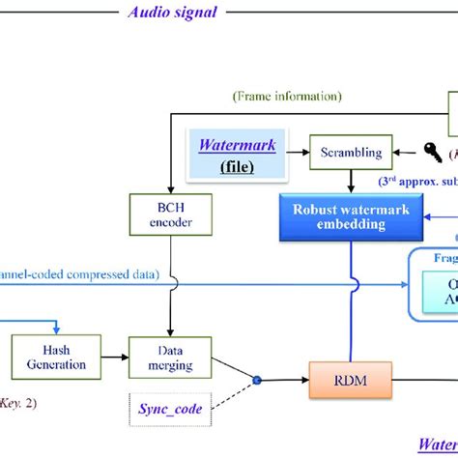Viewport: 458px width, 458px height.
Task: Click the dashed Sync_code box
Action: click(169, 409)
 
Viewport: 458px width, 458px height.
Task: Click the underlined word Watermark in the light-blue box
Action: click(237, 147)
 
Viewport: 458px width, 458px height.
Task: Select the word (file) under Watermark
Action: click(237, 166)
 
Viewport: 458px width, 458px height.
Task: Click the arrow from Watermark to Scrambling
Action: click(292, 151)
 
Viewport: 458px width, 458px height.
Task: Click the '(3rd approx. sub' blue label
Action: click(416, 181)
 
